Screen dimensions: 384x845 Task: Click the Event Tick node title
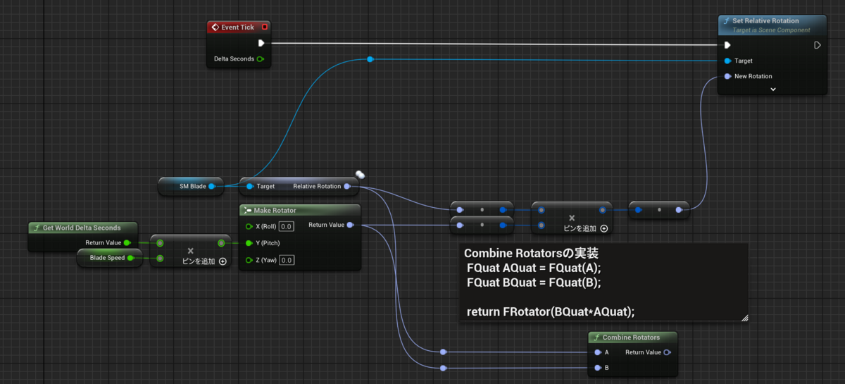(x=237, y=27)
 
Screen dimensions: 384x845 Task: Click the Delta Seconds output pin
(x=261, y=59)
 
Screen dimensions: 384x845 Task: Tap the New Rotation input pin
(x=727, y=76)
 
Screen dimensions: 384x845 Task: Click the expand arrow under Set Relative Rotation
(x=772, y=89)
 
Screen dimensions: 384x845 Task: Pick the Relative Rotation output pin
(x=347, y=186)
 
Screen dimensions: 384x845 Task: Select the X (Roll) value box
(x=286, y=226)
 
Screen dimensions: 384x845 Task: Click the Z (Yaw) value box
(x=286, y=260)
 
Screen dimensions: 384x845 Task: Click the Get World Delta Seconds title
(x=82, y=228)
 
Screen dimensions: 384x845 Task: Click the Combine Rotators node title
(x=631, y=337)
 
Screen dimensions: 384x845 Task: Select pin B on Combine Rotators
(x=597, y=368)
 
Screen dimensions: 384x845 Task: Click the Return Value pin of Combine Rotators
(x=667, y=352)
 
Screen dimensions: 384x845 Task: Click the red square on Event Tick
(x=265, y=27)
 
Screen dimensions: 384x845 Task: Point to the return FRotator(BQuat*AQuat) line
(x=555, y=311)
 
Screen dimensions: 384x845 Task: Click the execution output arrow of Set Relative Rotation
(x=817, y=45)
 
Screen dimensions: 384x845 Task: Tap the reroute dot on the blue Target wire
(x=370, y=59)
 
